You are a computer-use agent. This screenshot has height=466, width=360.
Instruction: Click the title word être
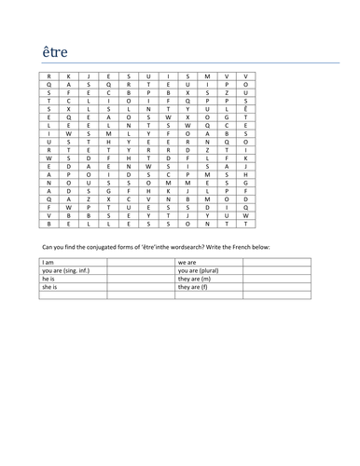(55, 50)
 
